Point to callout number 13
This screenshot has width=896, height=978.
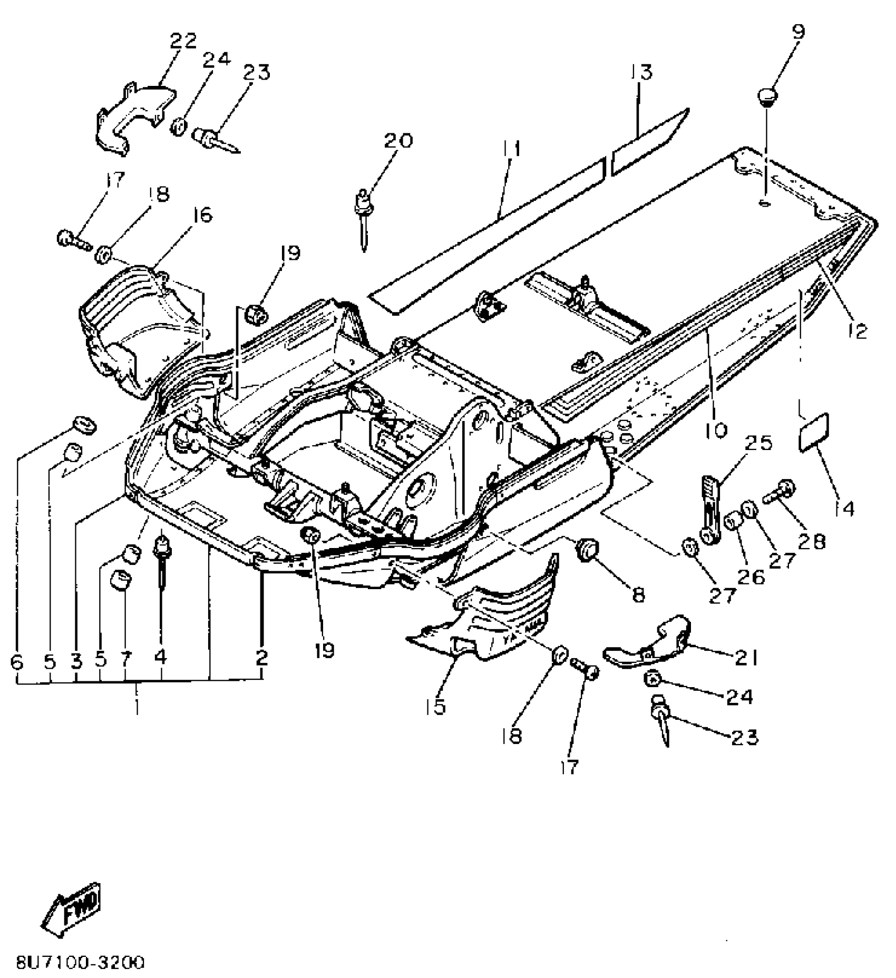coord(641,72)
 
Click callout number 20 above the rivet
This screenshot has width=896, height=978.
coord(398,141)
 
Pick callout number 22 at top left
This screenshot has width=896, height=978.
coord(183,41)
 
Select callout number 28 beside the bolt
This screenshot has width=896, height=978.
coord(811,541)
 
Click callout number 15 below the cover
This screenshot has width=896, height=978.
coord(437,706)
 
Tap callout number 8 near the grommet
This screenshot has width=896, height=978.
coord(638,594)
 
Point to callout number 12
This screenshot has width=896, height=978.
coord(858,331)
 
